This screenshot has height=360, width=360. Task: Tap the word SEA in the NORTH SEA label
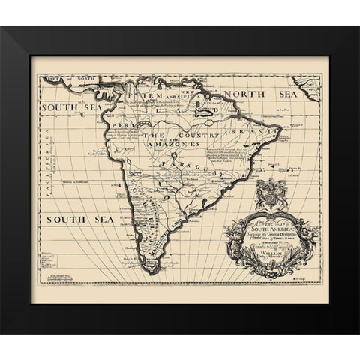pos(276,94)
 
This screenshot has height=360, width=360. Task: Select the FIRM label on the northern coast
pos(145,97)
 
